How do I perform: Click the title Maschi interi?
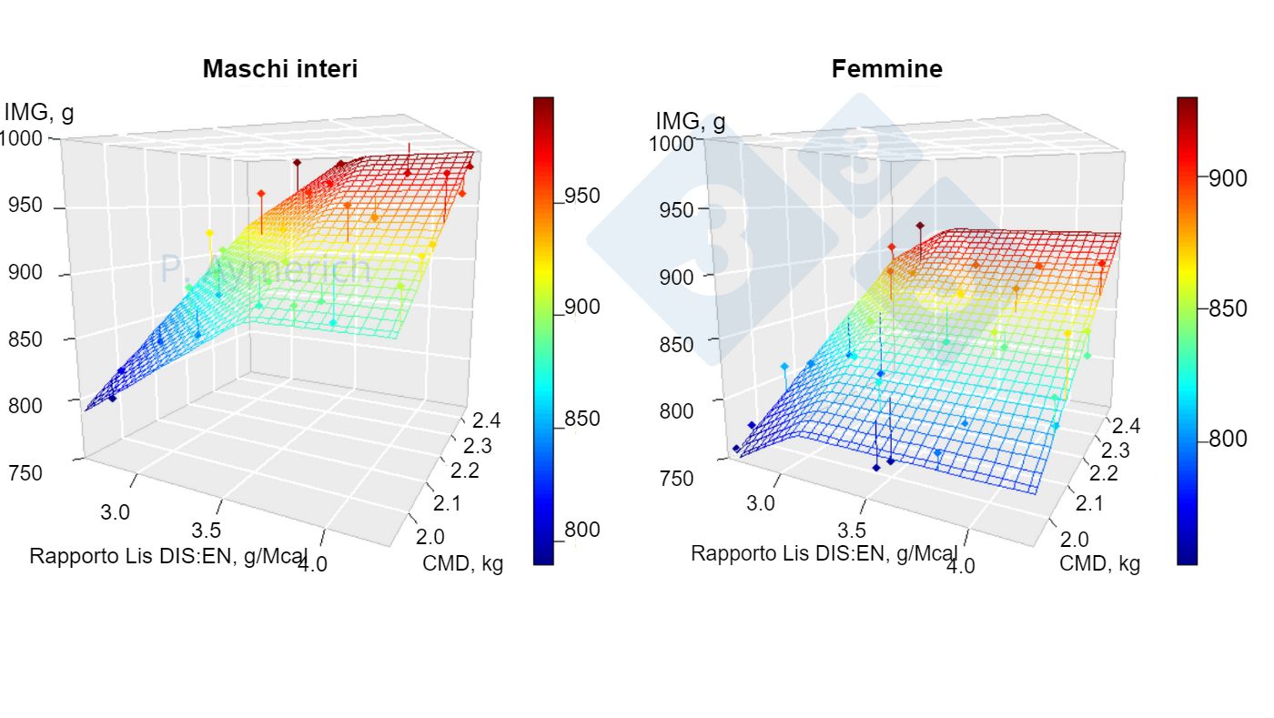click(x=279, y=69)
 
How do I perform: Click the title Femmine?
click(x=886, y=69)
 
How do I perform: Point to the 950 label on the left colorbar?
click(x=581, y=197)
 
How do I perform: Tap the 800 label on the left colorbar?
click(x=581, y=530)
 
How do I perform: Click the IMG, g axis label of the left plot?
click(x=38, y=114)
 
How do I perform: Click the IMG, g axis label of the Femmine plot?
click(x=691, y=121)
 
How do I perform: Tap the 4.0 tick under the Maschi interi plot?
click(x=313, y=565)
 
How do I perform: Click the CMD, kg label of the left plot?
click(x=462, y=563)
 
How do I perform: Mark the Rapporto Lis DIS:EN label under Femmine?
click(x=824, y=553)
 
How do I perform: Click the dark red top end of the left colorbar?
click(x=543, y=103)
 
